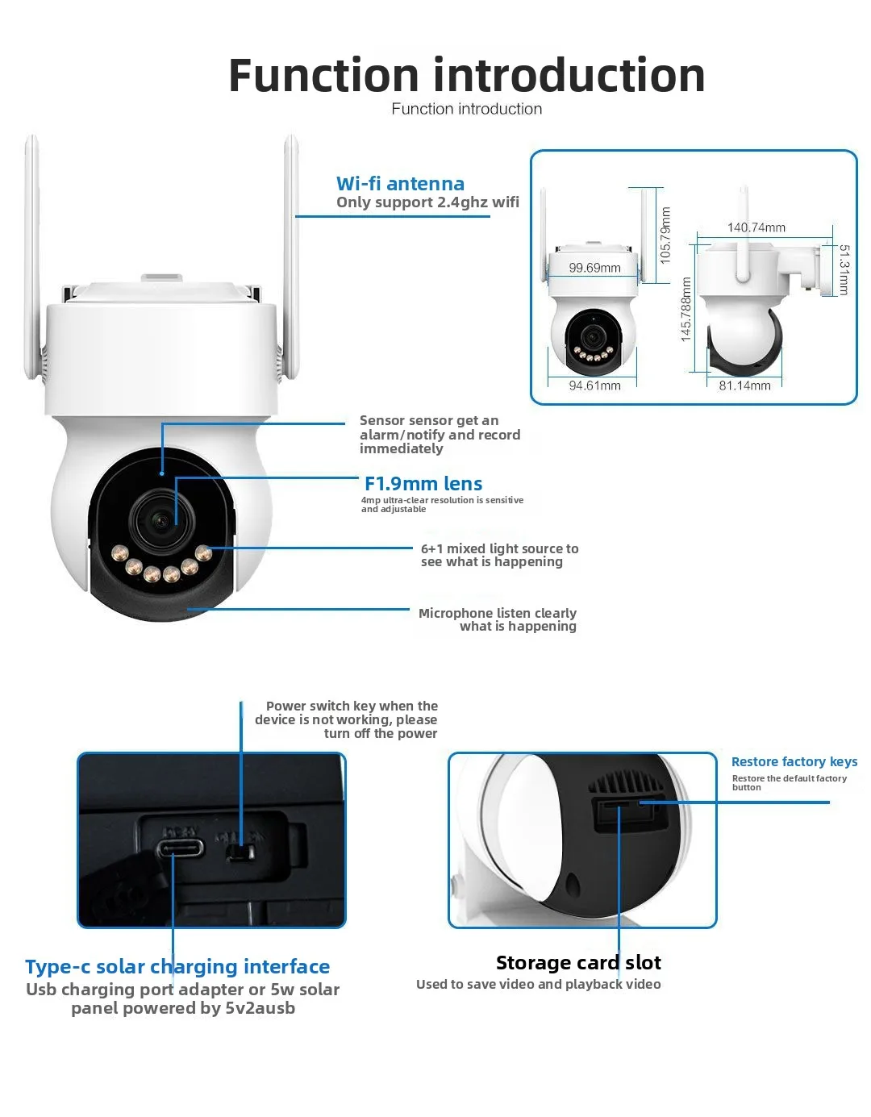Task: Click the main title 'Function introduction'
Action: point(466,75)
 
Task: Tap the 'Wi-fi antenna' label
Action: point(400,184)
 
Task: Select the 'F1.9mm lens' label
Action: point(423,484)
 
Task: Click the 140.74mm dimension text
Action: point(756,227)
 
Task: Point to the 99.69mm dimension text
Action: point(594,268)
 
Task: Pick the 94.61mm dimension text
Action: point(594,386)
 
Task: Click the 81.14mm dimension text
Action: point(744,386)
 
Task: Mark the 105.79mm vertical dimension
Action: point(665,235)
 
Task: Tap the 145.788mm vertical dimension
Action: point(686,309)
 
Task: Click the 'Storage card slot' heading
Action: point(578,962)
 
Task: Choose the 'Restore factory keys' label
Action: point(794,761)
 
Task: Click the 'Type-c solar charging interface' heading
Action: point(177,966)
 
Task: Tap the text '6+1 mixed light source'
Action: point(499,548)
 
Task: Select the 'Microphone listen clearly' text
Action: point(497,613)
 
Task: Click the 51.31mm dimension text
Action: point(844,270)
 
